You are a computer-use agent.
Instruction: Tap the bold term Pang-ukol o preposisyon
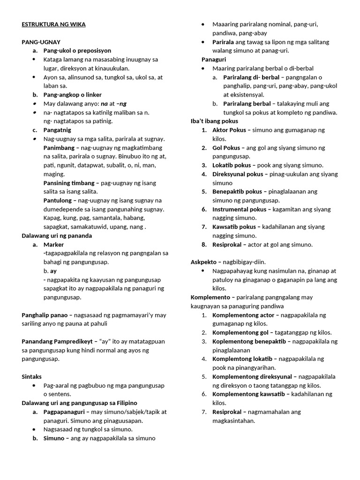tap(77, 51)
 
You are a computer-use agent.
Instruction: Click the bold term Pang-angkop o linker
tap(73, 95)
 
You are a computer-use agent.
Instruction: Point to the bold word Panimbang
tap(60, 148)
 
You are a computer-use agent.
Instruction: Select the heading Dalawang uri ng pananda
tap(57, 236)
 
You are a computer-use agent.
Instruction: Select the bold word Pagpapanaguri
tap(65, 412)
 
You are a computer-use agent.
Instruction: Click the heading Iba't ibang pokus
tap(214, 121)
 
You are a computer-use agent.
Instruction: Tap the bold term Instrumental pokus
tap(240, 209)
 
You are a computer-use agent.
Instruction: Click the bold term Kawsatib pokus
tap(234, 227)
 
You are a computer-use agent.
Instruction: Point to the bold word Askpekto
tap(204, 262)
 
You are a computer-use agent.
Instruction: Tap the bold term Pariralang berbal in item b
tap(247, 104)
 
